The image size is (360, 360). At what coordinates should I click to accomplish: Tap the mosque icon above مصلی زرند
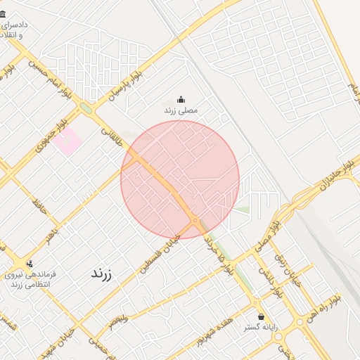click(x=181, y=100)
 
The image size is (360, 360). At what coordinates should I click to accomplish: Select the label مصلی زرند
click(x=181, y=111)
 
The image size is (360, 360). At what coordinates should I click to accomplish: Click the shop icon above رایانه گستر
click(x=262, y=316)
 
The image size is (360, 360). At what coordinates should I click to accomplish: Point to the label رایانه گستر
click(x=262, y=328)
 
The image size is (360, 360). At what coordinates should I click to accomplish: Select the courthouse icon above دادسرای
click(x=3, y=13)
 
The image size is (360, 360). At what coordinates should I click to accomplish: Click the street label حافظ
click(x=39, y=205)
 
